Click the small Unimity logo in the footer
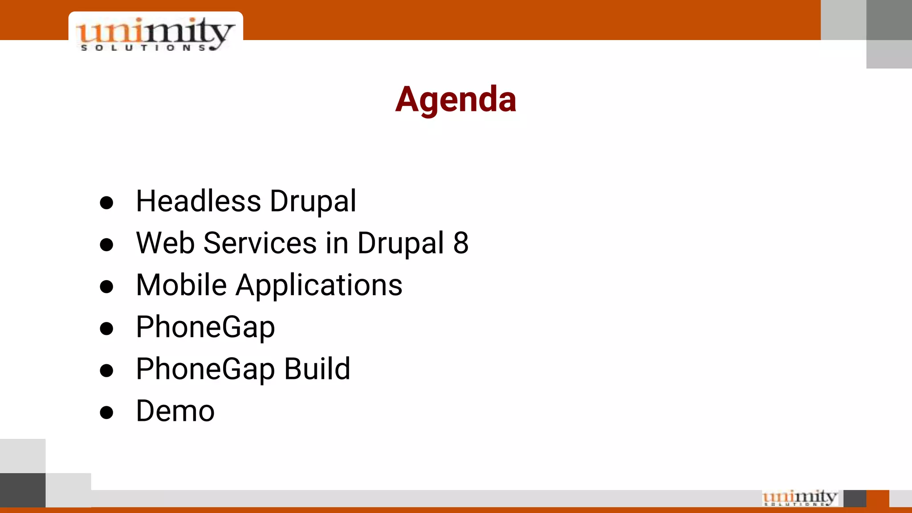tap(799, 498)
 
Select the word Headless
tap(198, 201)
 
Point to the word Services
tap(260, 243)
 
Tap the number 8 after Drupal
tap(460, 243)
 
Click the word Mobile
tap(181, 285)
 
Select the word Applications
tap(319, 285)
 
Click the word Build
tap(317, 369)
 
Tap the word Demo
tap(175, 411)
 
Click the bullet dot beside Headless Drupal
tap(106, 203)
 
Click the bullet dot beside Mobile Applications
tap(106, 287)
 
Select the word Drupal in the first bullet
tap(313, 201)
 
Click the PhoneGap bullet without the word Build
tap(205, 327)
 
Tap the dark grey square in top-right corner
tap(889, 20)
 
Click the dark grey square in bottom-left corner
tap(23, 490)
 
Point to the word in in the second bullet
tap(337, 243)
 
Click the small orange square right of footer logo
tap(877, 498)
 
